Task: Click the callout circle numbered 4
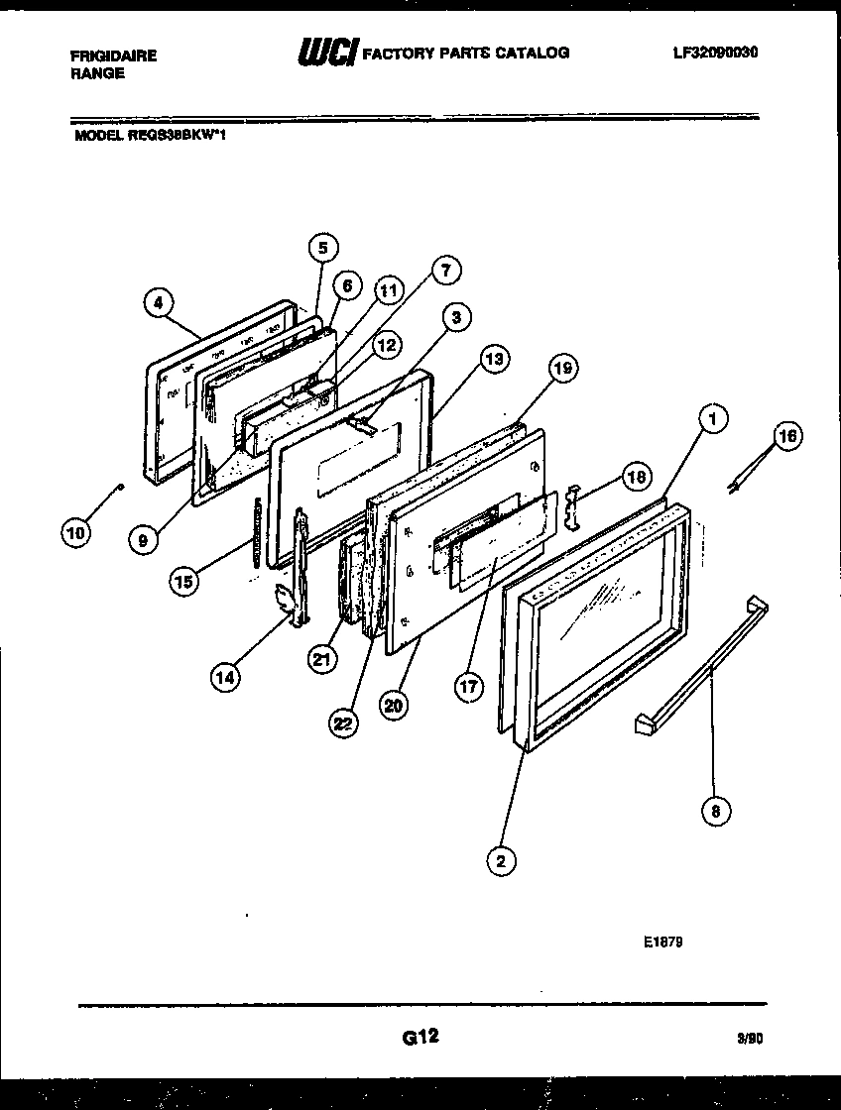pyautogui.click(x=159, y=303)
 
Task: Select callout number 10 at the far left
pyautogui.click(x=75, y=533)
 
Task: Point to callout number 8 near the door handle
pyautogui.click(x=715, y=812)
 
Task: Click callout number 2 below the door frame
pyautogui.click(x=501, y=861)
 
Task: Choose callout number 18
pyautogui.click(x=637, y=478)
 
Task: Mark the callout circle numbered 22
pyautogui.click(x=343, y=724)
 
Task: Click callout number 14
pyautogui.click(x=226, y=677)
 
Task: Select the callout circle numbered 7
pyautogui.click(x=445, y=270)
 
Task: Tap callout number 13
pyautogui.click(x=493, y=359)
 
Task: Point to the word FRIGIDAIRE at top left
pyautogui.click(x=113, y=55)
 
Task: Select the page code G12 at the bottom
pyautogui.click(x=420, y=1038)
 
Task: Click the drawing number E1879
pyautogui.click(x=662, y=942)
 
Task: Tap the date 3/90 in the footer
pyautogui.click(x=750, y=1040)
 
